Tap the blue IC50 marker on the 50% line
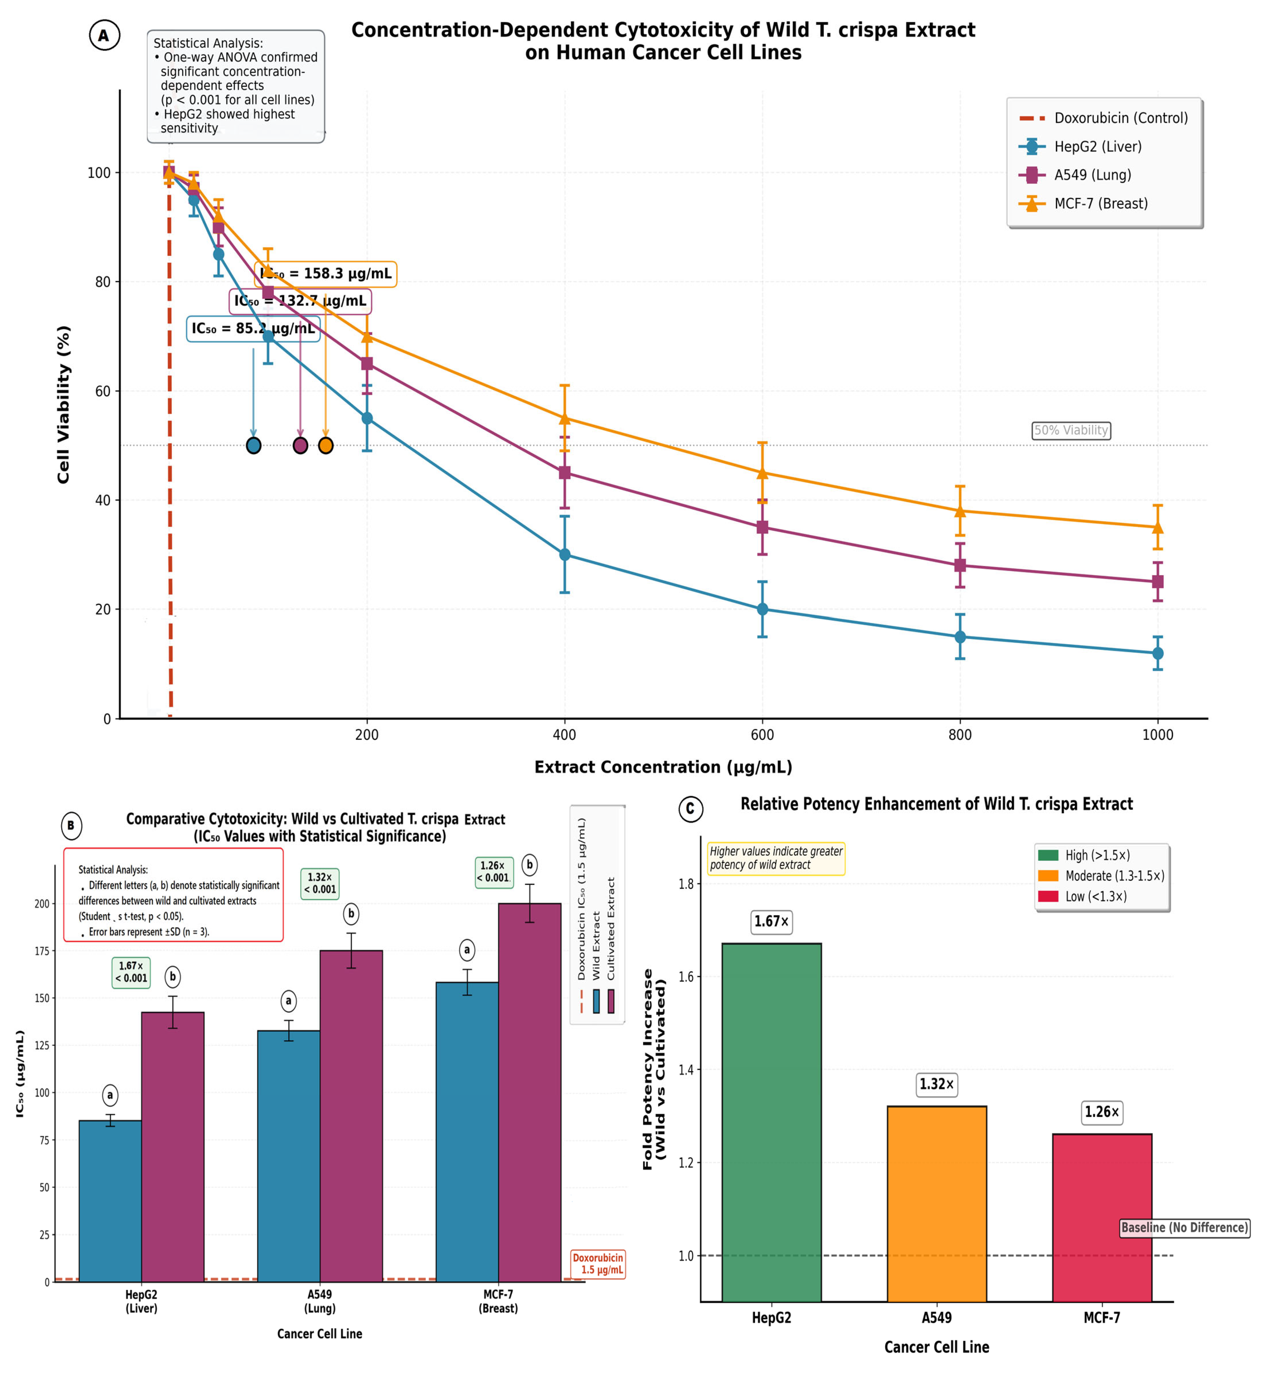(x=253, y=446)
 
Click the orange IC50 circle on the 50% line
(x=326, y=446)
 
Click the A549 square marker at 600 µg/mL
(x=762, y=527)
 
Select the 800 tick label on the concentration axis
(x=960, y=735)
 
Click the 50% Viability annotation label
(x=1071, y=430)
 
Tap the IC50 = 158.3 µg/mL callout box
(x=325, y=274)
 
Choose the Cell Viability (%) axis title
(x=63, y=404)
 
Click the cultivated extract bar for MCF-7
(x=530, y=1092)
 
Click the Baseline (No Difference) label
(x=1185, y=1227)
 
